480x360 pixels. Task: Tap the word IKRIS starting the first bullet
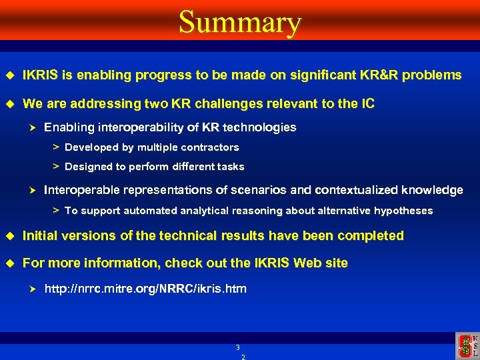[41, 75]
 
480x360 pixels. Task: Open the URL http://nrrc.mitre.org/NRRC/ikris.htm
[145, 289]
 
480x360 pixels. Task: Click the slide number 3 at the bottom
[237, 347]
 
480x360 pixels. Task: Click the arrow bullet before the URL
[31, 289]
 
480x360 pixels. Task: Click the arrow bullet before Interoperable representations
[31, 191]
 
